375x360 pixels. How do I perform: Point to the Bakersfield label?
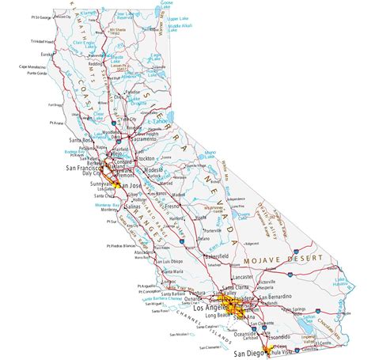(216, 257)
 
